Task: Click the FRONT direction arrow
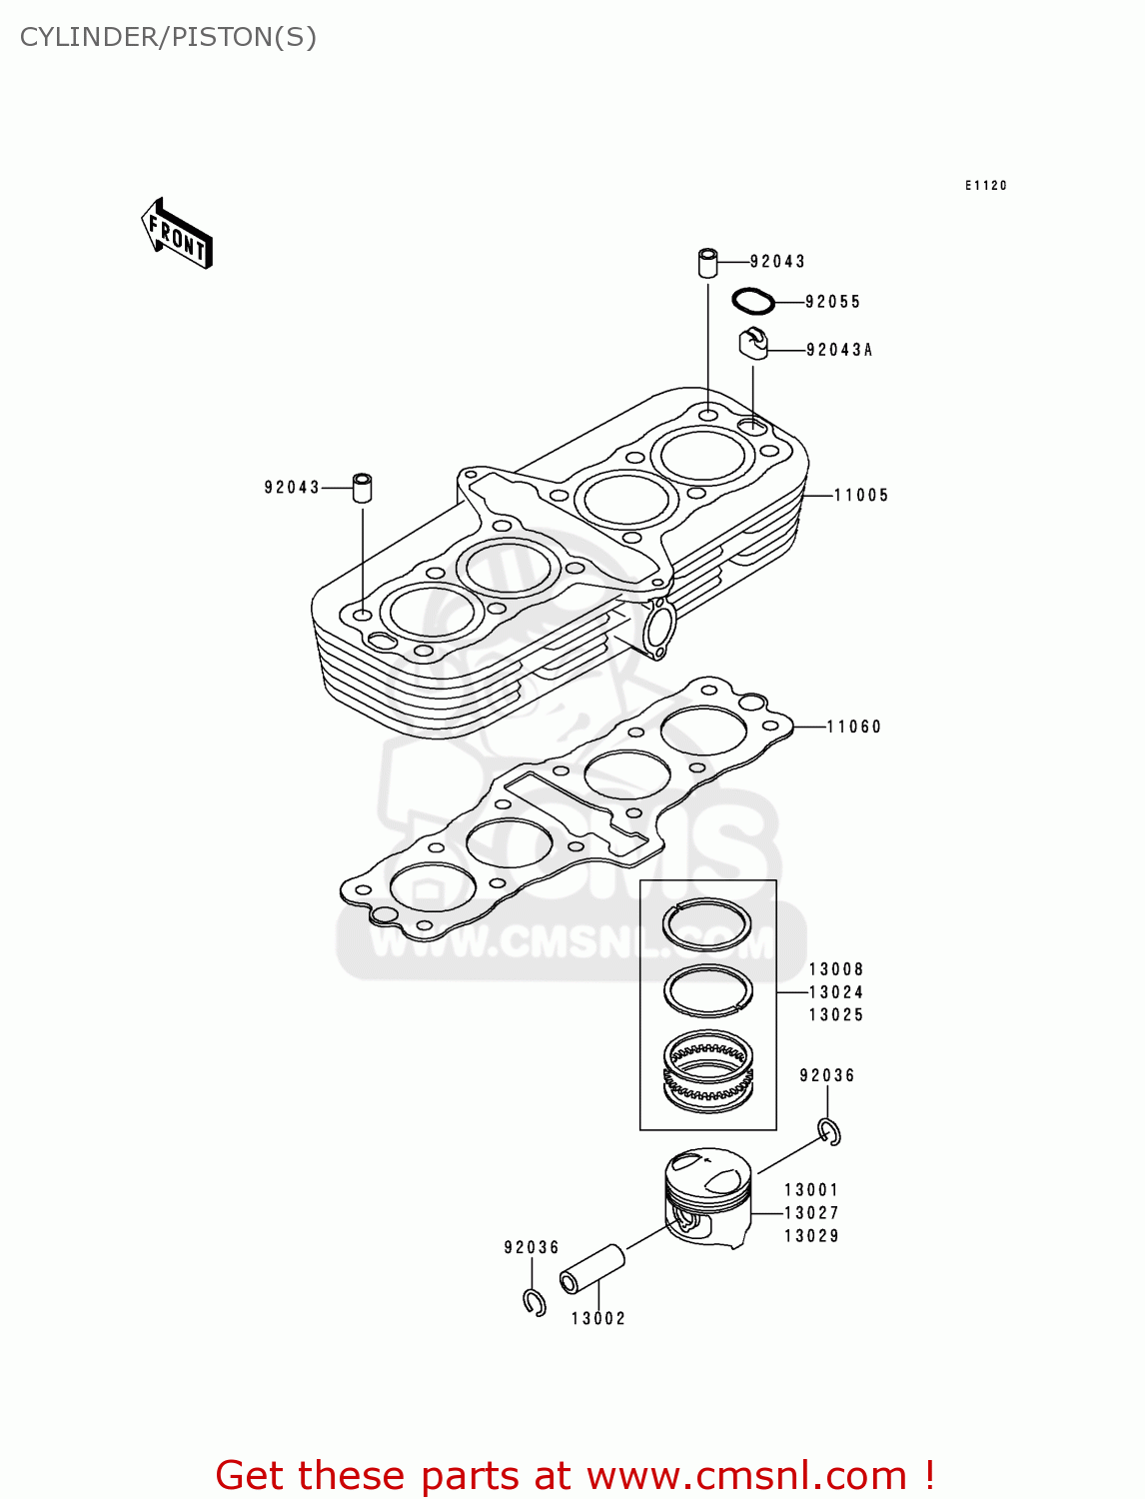point(178,234)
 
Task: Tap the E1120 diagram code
point(985,186)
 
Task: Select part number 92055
point(832,302)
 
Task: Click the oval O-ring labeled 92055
point(753,300)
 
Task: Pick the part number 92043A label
point(838,350)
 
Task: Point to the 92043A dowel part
point(753,343)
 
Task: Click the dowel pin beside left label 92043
point(363,487)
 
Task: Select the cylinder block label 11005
point(860,496)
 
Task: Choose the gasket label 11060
point(853,728)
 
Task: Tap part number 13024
point(835,992)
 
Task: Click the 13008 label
point(835,969)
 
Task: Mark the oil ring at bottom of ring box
point(708,1071)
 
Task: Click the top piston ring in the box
point(707,924)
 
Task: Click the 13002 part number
point(597,1319)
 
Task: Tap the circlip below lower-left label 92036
point(535,1302)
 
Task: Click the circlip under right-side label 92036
point(829,1131)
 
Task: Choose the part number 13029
point(811,1236)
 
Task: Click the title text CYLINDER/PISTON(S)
point(168,37)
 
